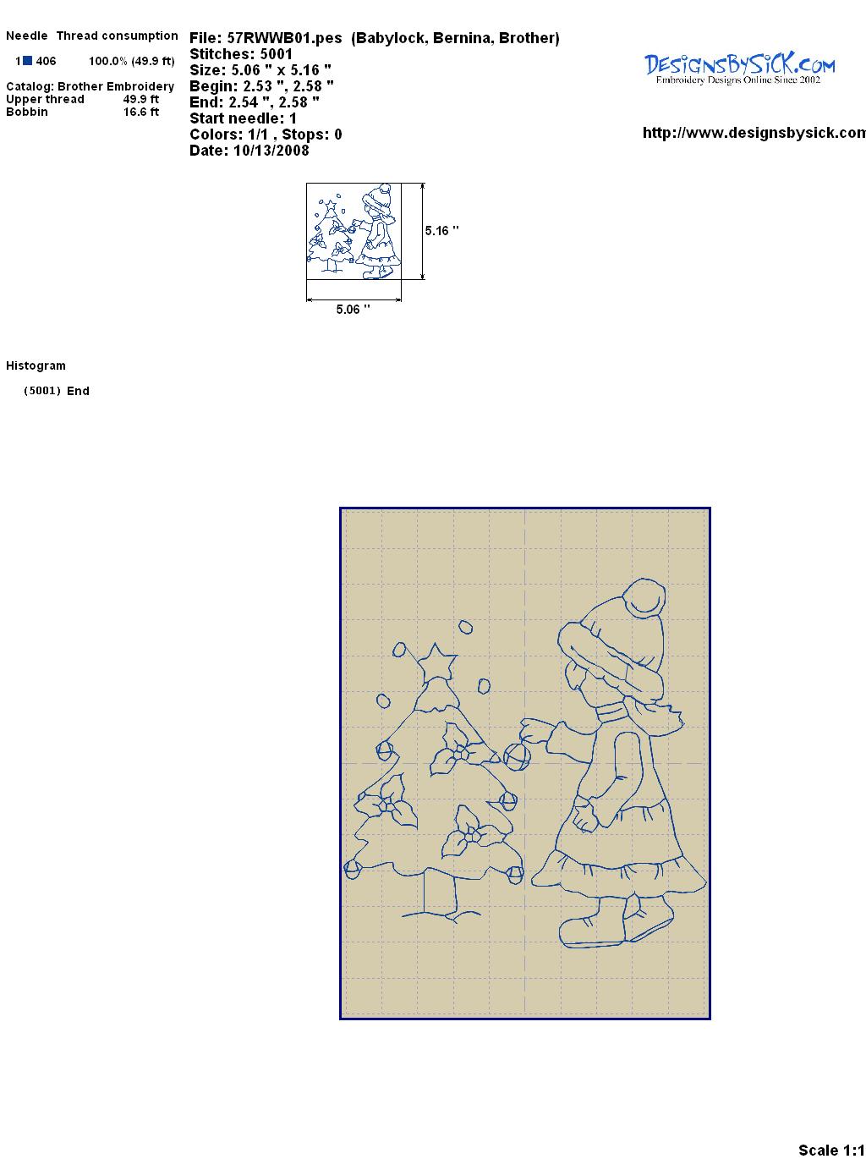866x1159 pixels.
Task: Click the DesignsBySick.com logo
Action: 739,69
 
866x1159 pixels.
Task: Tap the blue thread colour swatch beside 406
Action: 27,61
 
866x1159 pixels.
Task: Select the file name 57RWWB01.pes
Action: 284,38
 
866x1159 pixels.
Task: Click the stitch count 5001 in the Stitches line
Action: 276,54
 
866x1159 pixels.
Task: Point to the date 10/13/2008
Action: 271,151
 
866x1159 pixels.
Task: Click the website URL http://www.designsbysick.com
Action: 754,133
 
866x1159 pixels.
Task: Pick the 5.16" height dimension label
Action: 441,231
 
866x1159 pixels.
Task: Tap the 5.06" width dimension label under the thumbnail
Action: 353,309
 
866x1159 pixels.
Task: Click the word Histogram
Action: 36,365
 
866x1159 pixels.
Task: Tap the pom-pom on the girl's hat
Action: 643,598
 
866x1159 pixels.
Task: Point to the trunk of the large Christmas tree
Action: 440,893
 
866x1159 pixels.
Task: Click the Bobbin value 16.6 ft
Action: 141,112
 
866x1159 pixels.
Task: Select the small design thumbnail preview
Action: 354,231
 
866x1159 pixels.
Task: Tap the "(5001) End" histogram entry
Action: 57,391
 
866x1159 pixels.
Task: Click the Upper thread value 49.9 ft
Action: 141,99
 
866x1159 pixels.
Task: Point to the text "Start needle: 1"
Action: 243,118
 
